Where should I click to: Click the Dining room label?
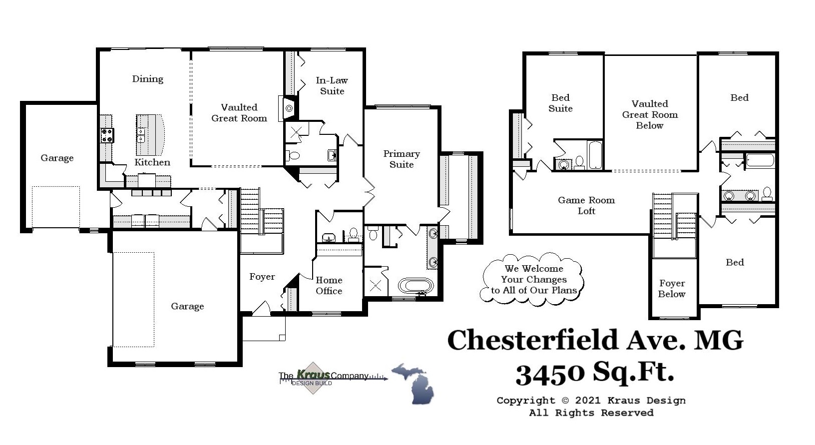tap(147, 79)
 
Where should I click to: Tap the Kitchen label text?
tap(152, 162)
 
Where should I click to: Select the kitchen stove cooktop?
tap(107, 135)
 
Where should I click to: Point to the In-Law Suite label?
tap(332, 85)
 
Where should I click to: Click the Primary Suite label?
tap(402, 159)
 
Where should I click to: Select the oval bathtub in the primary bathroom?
tap(415, 286)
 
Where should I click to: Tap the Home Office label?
tap(329, 285)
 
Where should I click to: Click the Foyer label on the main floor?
tap(262, 277)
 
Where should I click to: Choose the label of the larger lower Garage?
tap(187, 306)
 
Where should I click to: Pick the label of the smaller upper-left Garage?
tap(57, 158)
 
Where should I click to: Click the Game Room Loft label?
tap(586, 205)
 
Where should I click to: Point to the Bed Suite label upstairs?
tap(560, 103)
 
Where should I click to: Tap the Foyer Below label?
tap(672, 289)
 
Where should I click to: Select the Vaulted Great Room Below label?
tap(650, 114)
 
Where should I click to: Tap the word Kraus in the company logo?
tap(313, 375)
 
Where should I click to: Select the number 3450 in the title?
tap(550, 373)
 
